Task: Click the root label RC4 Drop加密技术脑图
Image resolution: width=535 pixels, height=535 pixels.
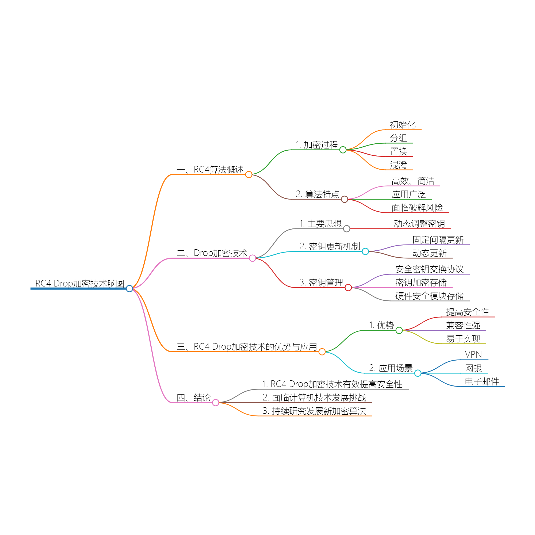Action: (x=80, y=283)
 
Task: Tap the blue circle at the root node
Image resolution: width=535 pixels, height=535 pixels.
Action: (x=129, y=289)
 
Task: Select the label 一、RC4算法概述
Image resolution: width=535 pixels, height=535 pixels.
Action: (x=210, y=170)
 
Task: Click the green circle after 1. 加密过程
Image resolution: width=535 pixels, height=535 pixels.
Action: (x=343, y=150)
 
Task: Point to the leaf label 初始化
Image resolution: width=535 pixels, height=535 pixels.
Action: (x=403, y=125)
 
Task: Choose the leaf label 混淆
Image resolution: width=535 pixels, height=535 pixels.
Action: (x=399, y=165)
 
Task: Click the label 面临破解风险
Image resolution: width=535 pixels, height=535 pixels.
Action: (x=417, y=208)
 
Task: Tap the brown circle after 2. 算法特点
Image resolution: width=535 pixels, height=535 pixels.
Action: (x=345, y=199)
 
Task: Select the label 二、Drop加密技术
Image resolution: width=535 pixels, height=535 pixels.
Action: (x=212, y=253)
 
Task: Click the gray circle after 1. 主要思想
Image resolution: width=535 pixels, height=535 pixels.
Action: (x=347, y=229)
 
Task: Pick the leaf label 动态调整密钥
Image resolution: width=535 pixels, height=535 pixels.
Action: (x=419, y=224)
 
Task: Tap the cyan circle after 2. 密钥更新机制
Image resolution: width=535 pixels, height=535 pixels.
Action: (x=365, y=251)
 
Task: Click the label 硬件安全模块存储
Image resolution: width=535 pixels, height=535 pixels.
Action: (x=430, y=296)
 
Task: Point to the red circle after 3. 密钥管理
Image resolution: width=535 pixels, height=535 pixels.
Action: (x=348, y=288)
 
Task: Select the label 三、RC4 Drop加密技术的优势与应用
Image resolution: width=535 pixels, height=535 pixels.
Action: (x=247, y=347)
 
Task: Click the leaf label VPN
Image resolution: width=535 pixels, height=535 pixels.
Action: (x=473, y=355)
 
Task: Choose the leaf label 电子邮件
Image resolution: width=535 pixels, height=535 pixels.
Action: (x=482, y=382)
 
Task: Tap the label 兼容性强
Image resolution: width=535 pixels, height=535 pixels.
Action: (x=463, y=325)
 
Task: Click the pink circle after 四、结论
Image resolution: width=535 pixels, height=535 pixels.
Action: (x=216, y=403)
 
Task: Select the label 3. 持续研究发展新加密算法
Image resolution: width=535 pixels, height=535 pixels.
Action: (x=314, y=411)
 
